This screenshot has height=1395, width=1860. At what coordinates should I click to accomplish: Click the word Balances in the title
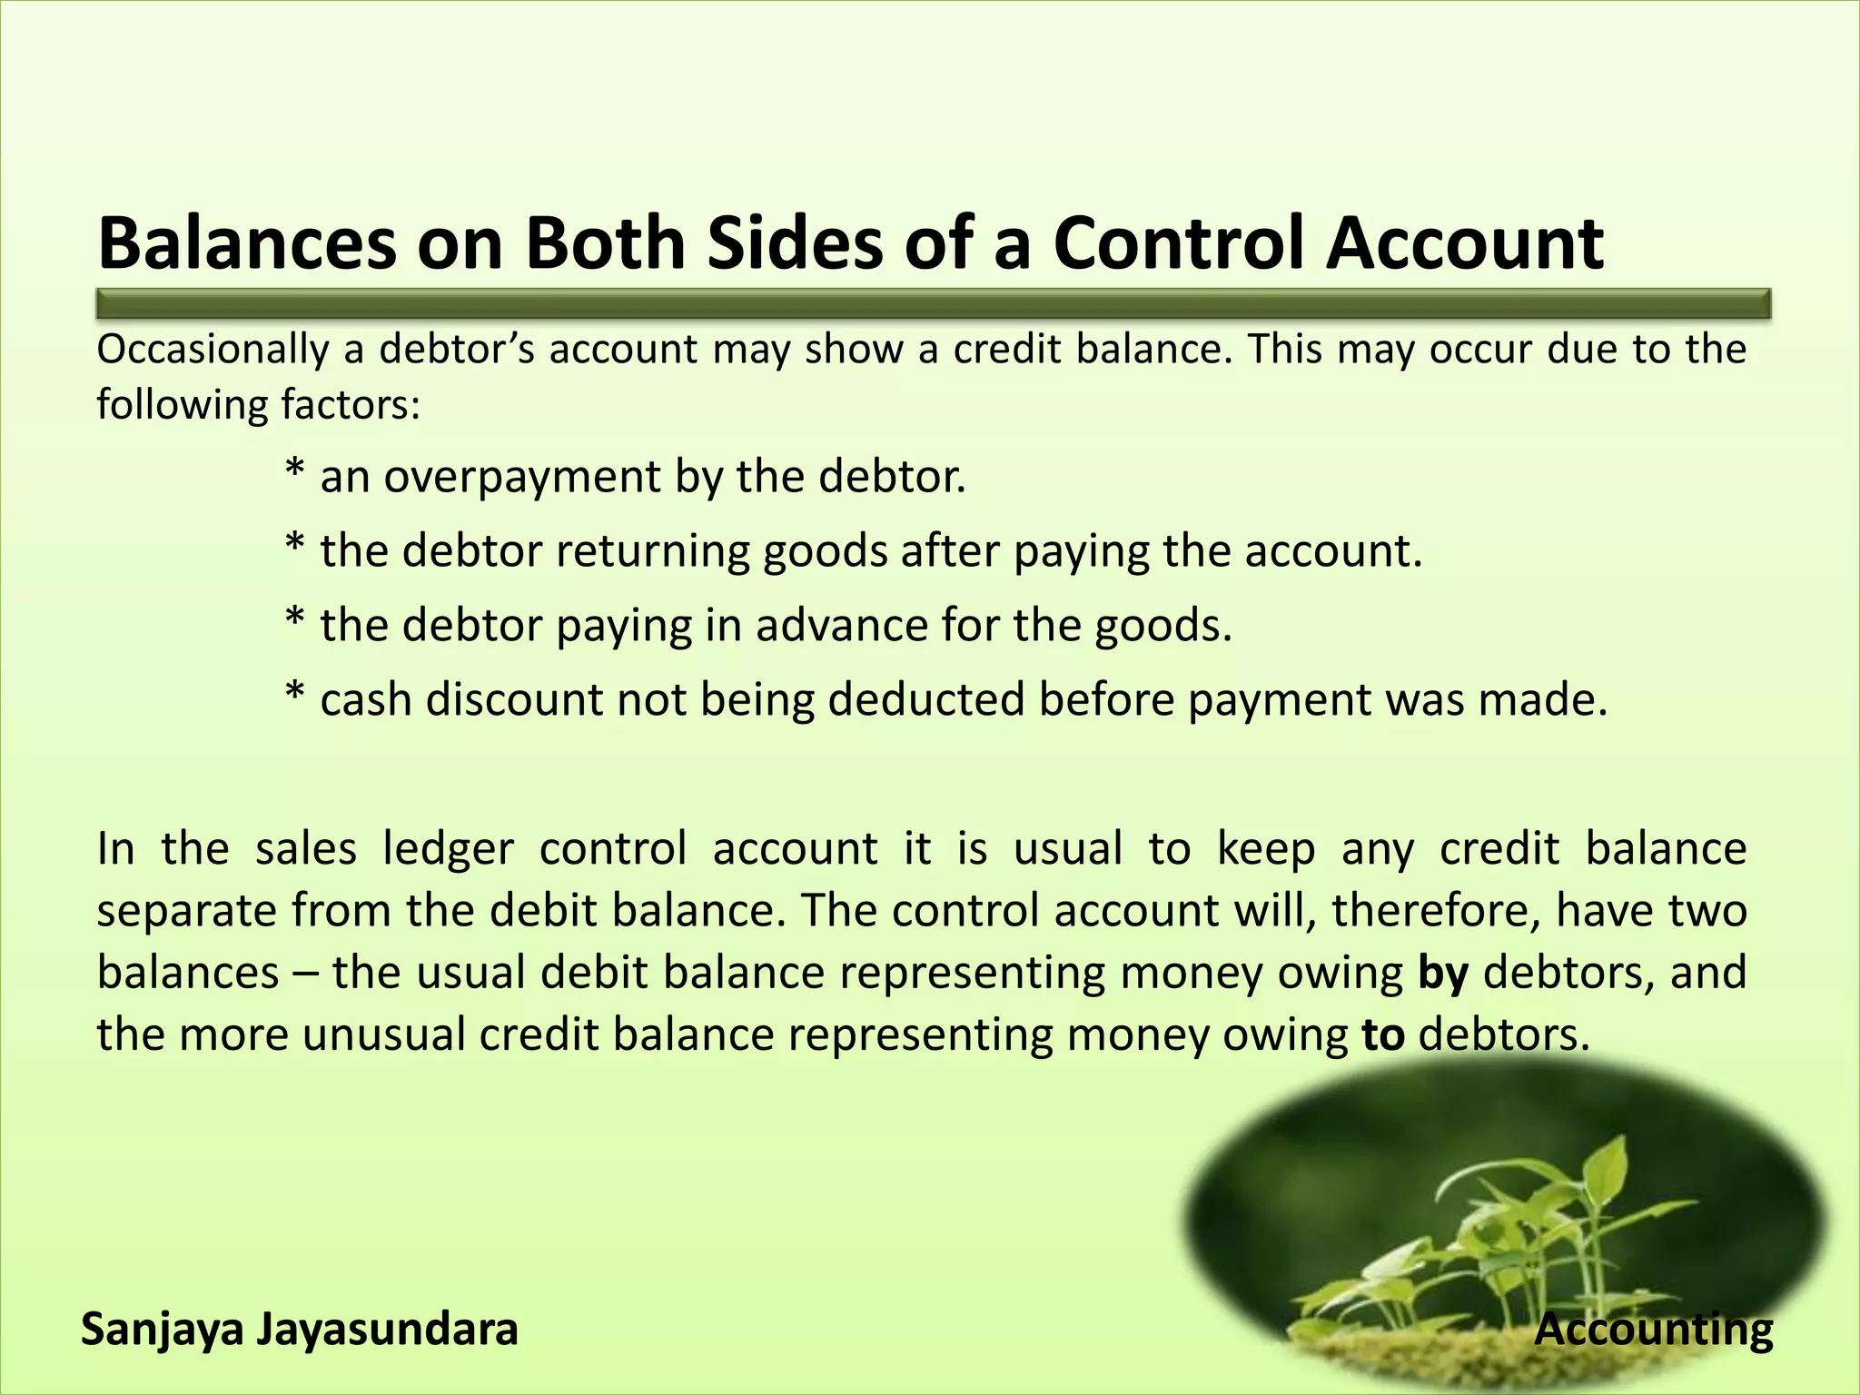tap(247, 243)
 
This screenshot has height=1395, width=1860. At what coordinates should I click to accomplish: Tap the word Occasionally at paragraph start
tap(213, 351)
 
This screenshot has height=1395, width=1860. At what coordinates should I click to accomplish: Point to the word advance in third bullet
tap(839, 626)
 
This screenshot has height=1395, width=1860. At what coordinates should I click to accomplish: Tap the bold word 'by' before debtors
tap(1443, 974)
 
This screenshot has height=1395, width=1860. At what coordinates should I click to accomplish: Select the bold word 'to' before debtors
tap(1383, 1035)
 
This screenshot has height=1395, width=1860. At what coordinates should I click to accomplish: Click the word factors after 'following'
tap(351, 405)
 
